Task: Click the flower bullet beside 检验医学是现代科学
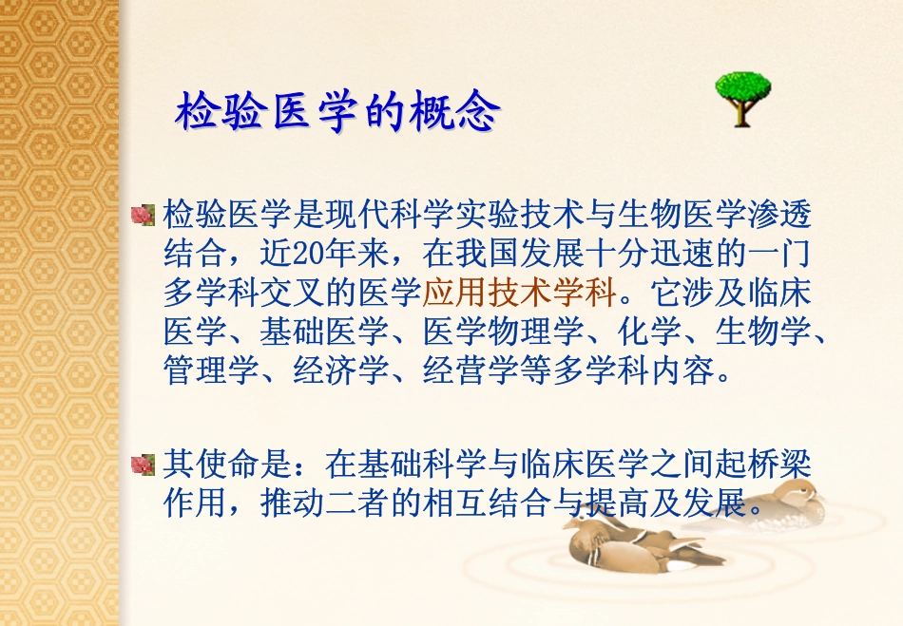click(143, 216)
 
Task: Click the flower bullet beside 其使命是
click(143, 465)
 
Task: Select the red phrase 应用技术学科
click(520, 291)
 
